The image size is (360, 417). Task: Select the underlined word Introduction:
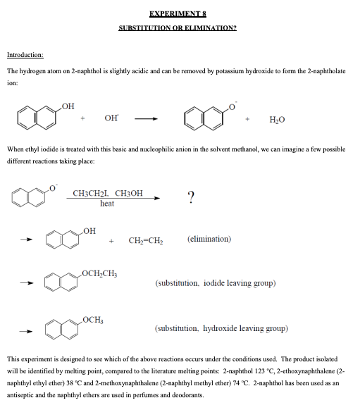pyautogui.click(x=25, y=54)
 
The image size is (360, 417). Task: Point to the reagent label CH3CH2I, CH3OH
pyautogui.click(x=107, y=193)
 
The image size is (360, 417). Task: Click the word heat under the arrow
pyautogui.click(x=107, y=203)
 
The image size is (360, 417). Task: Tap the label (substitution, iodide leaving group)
pyautogui.click(x=215, y=284)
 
